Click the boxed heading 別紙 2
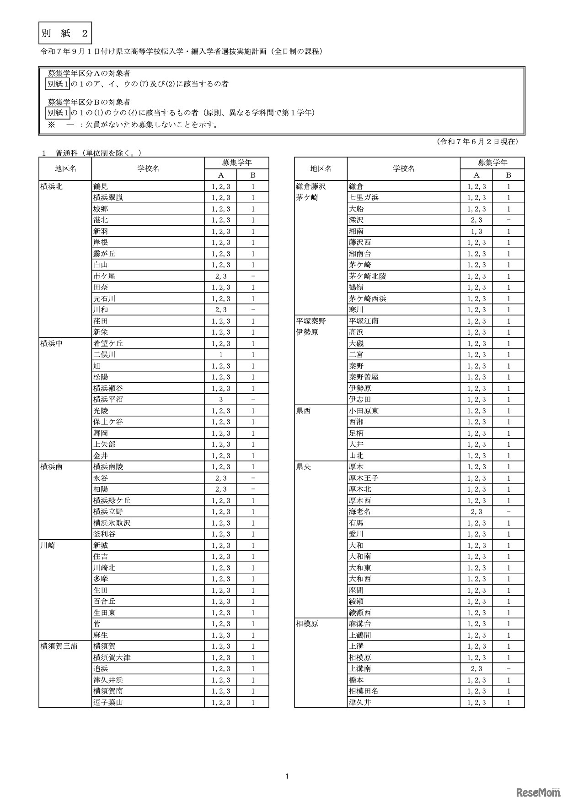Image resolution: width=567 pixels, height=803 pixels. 65,33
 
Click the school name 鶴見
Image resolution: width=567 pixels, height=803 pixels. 101,186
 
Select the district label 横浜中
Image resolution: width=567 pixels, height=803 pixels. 52,343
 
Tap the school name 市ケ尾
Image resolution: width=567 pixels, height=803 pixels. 104,276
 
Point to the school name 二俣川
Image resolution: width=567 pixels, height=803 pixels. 104,355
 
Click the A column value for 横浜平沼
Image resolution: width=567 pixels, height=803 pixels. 221,400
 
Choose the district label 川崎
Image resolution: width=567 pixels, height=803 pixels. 48,545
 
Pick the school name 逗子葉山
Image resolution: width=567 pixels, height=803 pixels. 108,702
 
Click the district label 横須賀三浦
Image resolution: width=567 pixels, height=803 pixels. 59,646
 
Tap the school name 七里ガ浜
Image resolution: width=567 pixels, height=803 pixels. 364,198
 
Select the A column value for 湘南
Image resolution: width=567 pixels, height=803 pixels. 476,231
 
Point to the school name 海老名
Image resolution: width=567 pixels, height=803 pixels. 360,512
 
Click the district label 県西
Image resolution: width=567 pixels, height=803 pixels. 304,411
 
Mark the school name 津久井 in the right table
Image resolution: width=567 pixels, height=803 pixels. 360,702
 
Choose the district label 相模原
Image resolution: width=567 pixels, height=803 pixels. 307,624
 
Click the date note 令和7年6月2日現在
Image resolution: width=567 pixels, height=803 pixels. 477,142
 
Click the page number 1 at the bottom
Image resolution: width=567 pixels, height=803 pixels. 287,776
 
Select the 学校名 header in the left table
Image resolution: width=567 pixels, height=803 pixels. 148,169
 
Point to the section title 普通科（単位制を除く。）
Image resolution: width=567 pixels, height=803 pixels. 98,153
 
